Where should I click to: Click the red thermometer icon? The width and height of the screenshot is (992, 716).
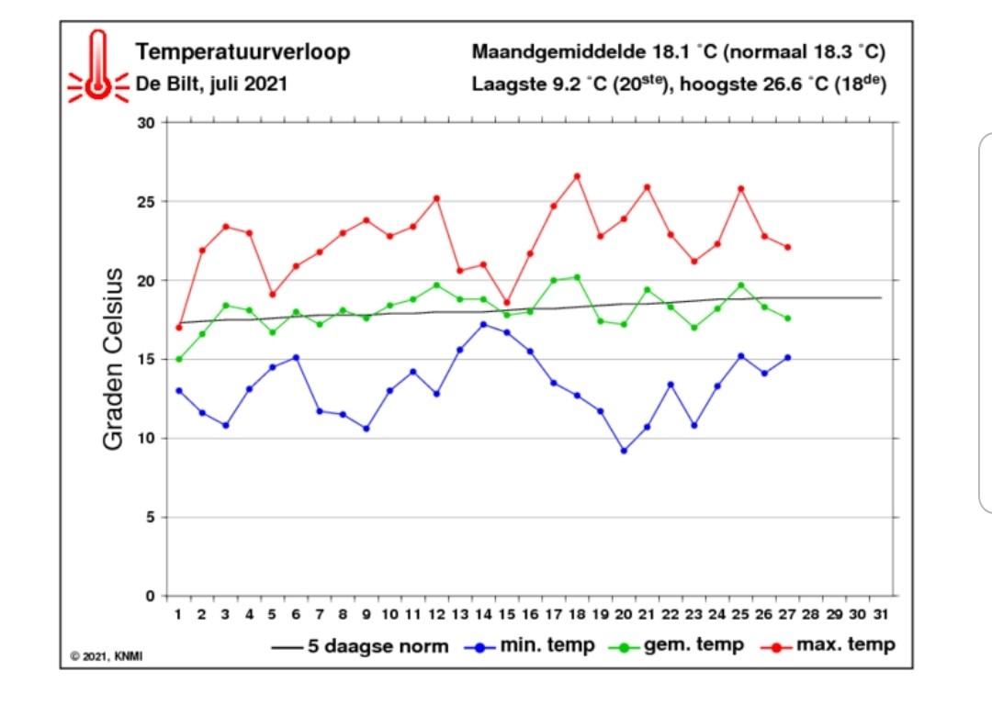[x=98, y=66]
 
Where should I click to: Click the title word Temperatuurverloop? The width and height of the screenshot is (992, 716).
[x=242, y=52]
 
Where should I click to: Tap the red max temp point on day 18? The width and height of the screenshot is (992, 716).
[x=577, y=176]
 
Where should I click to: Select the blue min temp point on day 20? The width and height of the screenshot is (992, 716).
[x=624, y=451]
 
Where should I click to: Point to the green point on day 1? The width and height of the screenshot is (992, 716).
[x=179, y=359]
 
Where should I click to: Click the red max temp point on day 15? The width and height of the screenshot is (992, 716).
[x=507, y=302]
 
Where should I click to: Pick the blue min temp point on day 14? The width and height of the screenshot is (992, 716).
[x=483, y=324]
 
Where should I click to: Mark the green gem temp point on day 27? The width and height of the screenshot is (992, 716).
[x=788, y=319]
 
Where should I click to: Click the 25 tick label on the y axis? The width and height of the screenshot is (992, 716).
[x=145, y=202]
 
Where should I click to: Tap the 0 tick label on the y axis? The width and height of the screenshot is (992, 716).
[x=150, y=596]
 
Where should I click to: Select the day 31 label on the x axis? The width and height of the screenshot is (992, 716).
[x=881, y=614]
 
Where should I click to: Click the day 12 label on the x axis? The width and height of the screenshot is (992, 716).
[x=436, y=614]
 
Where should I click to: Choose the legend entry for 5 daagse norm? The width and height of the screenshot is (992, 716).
[x=360, y=646]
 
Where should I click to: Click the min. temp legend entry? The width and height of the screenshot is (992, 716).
[x=530, y=646]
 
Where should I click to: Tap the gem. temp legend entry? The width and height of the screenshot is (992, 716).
[x=676, y=646]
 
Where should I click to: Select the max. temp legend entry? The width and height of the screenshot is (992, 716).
[x=828, y=646]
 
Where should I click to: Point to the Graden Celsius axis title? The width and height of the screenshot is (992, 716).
[x=113, y=359]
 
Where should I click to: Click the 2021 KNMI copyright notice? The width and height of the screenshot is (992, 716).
[x=107, y=656]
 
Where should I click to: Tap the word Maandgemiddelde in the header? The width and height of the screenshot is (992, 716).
[x=558, y=52]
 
